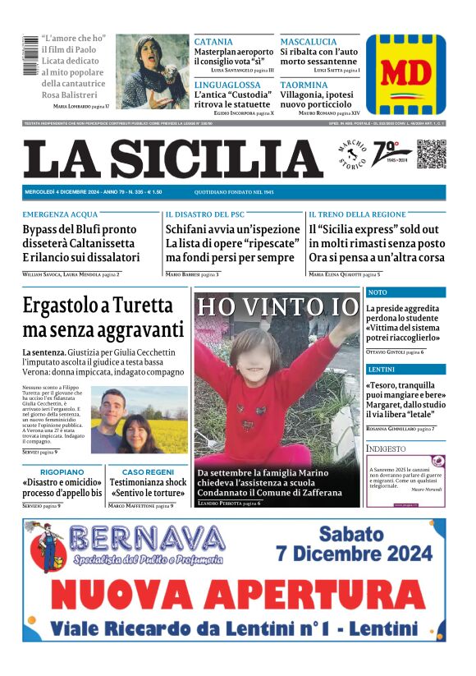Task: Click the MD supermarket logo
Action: coord(405,74)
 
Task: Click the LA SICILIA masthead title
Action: coord(172,158)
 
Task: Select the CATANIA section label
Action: coord(213,41)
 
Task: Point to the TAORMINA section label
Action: coord(304,85)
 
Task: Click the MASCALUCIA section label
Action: coord(309,41)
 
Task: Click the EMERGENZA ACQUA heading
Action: coord(60,214)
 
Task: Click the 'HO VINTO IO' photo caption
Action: coord(277,306)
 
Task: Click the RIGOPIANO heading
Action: coord(62,472)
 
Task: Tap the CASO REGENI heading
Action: coord(148,472)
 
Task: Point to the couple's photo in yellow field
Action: coord(139,421)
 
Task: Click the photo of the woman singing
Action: coord(153,71)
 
